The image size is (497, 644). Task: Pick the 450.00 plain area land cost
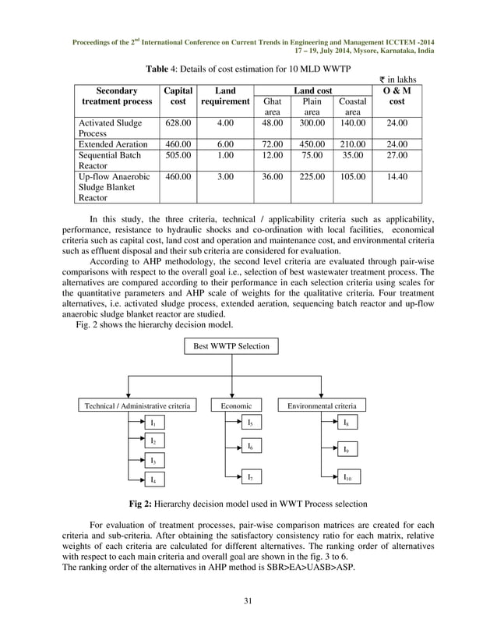[x=312, y=144]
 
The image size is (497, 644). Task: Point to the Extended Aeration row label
[x=113, y=144]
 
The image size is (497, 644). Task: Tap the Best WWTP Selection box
[x=232, y=346]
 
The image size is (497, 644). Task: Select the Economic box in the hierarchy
[x=236, y=406]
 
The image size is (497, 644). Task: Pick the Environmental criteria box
[x=322, y=406]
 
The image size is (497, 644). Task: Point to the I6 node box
[x=249, y=447]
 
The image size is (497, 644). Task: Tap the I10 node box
[x=346, y=476]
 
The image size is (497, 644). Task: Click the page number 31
[x=248, y=601]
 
